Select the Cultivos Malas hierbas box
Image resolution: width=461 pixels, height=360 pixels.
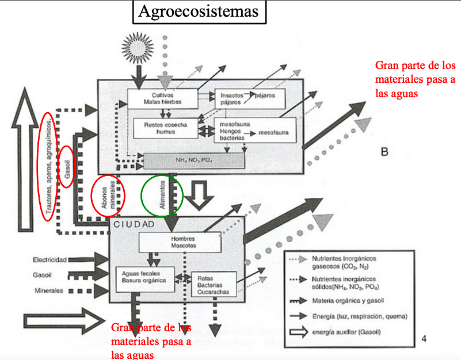coord(162,98)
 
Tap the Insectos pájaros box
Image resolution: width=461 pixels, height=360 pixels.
coord(249,98)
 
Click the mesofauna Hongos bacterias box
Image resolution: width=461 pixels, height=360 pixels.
coord(254,130)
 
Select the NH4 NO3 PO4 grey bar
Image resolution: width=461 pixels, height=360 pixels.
coord(194,161)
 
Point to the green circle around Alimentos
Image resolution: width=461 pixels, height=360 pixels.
coord(162,196)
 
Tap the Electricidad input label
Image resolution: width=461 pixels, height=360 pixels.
coord(49,260)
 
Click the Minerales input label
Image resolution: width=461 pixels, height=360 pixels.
coord(49,290)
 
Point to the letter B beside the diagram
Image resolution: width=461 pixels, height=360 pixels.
coord(385,152)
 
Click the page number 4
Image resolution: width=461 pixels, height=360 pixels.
coord(424,338)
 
